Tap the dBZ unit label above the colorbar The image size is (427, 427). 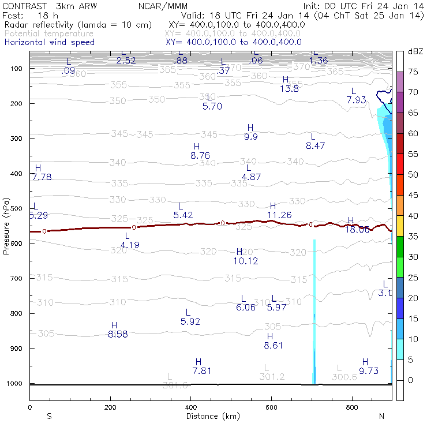(414, 51)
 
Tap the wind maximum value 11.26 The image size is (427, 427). (279, 215)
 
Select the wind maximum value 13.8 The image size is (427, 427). (289, 89)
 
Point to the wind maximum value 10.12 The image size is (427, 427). (245, 261)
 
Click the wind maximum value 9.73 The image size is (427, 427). (369, 371)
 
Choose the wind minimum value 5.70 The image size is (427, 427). (212, 106)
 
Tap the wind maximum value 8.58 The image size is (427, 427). (118, 334)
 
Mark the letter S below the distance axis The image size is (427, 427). (49, 416)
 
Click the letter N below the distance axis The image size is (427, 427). (381, 416)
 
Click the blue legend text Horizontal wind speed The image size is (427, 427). (49, 42)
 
